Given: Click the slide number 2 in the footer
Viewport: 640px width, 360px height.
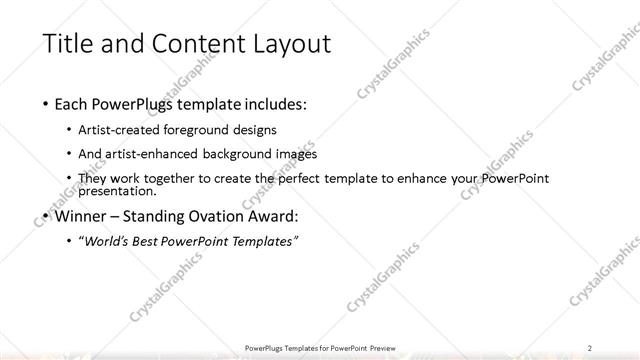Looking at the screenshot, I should point(592,347).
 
